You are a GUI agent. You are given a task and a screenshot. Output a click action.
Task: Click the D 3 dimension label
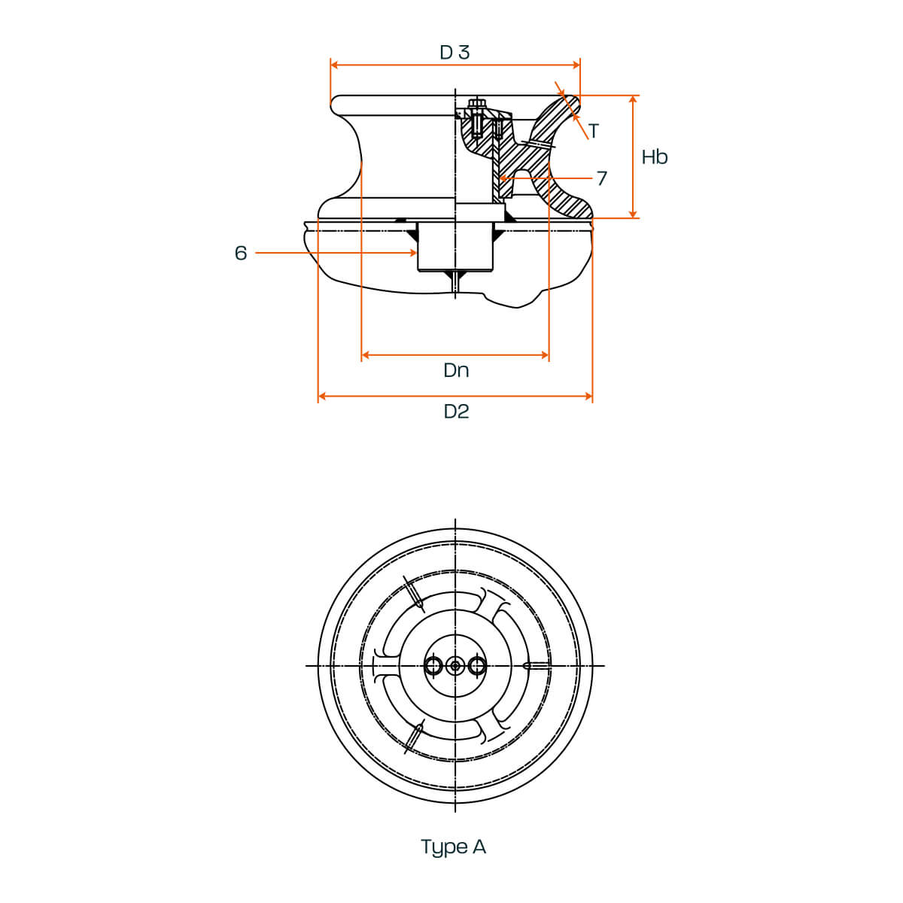tap(454, 52)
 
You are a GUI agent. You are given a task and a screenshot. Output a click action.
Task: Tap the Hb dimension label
tap(654, 157)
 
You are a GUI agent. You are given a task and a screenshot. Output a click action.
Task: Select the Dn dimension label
tap(456, 370)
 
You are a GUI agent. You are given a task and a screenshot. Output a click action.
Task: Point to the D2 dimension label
tap(456, 412)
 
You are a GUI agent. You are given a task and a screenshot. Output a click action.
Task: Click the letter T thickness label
tap(594, 131)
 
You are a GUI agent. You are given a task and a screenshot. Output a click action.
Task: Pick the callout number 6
tap(240, 253)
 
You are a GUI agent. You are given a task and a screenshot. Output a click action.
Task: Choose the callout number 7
tap(602, 178)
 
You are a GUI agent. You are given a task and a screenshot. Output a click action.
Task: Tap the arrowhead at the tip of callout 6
tap(413, 253)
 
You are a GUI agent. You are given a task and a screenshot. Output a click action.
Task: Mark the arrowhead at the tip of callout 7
tap(503, 178)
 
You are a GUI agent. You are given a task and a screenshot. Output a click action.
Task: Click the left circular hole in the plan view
tap(433, 665)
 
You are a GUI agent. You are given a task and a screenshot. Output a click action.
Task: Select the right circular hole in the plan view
tap(476, 665)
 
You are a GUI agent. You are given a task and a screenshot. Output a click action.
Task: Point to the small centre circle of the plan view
tap(455, 665)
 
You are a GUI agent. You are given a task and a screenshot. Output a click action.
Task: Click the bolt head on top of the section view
tap(476, 102)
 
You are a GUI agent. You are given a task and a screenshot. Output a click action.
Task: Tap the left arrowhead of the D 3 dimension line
tap(334, 65)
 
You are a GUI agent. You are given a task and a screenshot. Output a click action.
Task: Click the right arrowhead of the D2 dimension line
tap(589, 397)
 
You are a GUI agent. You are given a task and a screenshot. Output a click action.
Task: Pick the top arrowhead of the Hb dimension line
tap(633, 99)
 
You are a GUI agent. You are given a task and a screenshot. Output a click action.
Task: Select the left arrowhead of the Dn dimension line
tap(366, 355)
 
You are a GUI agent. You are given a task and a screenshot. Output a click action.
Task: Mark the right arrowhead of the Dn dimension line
tap(545, 355)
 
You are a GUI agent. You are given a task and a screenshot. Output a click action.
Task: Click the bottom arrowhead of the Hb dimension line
tap(633, 214)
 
